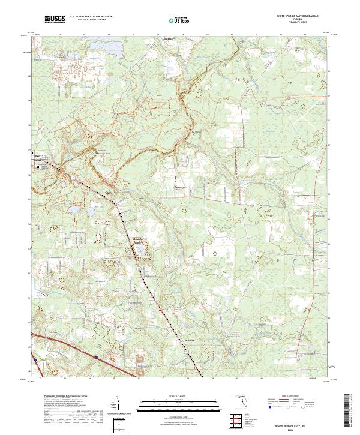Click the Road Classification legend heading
290,397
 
